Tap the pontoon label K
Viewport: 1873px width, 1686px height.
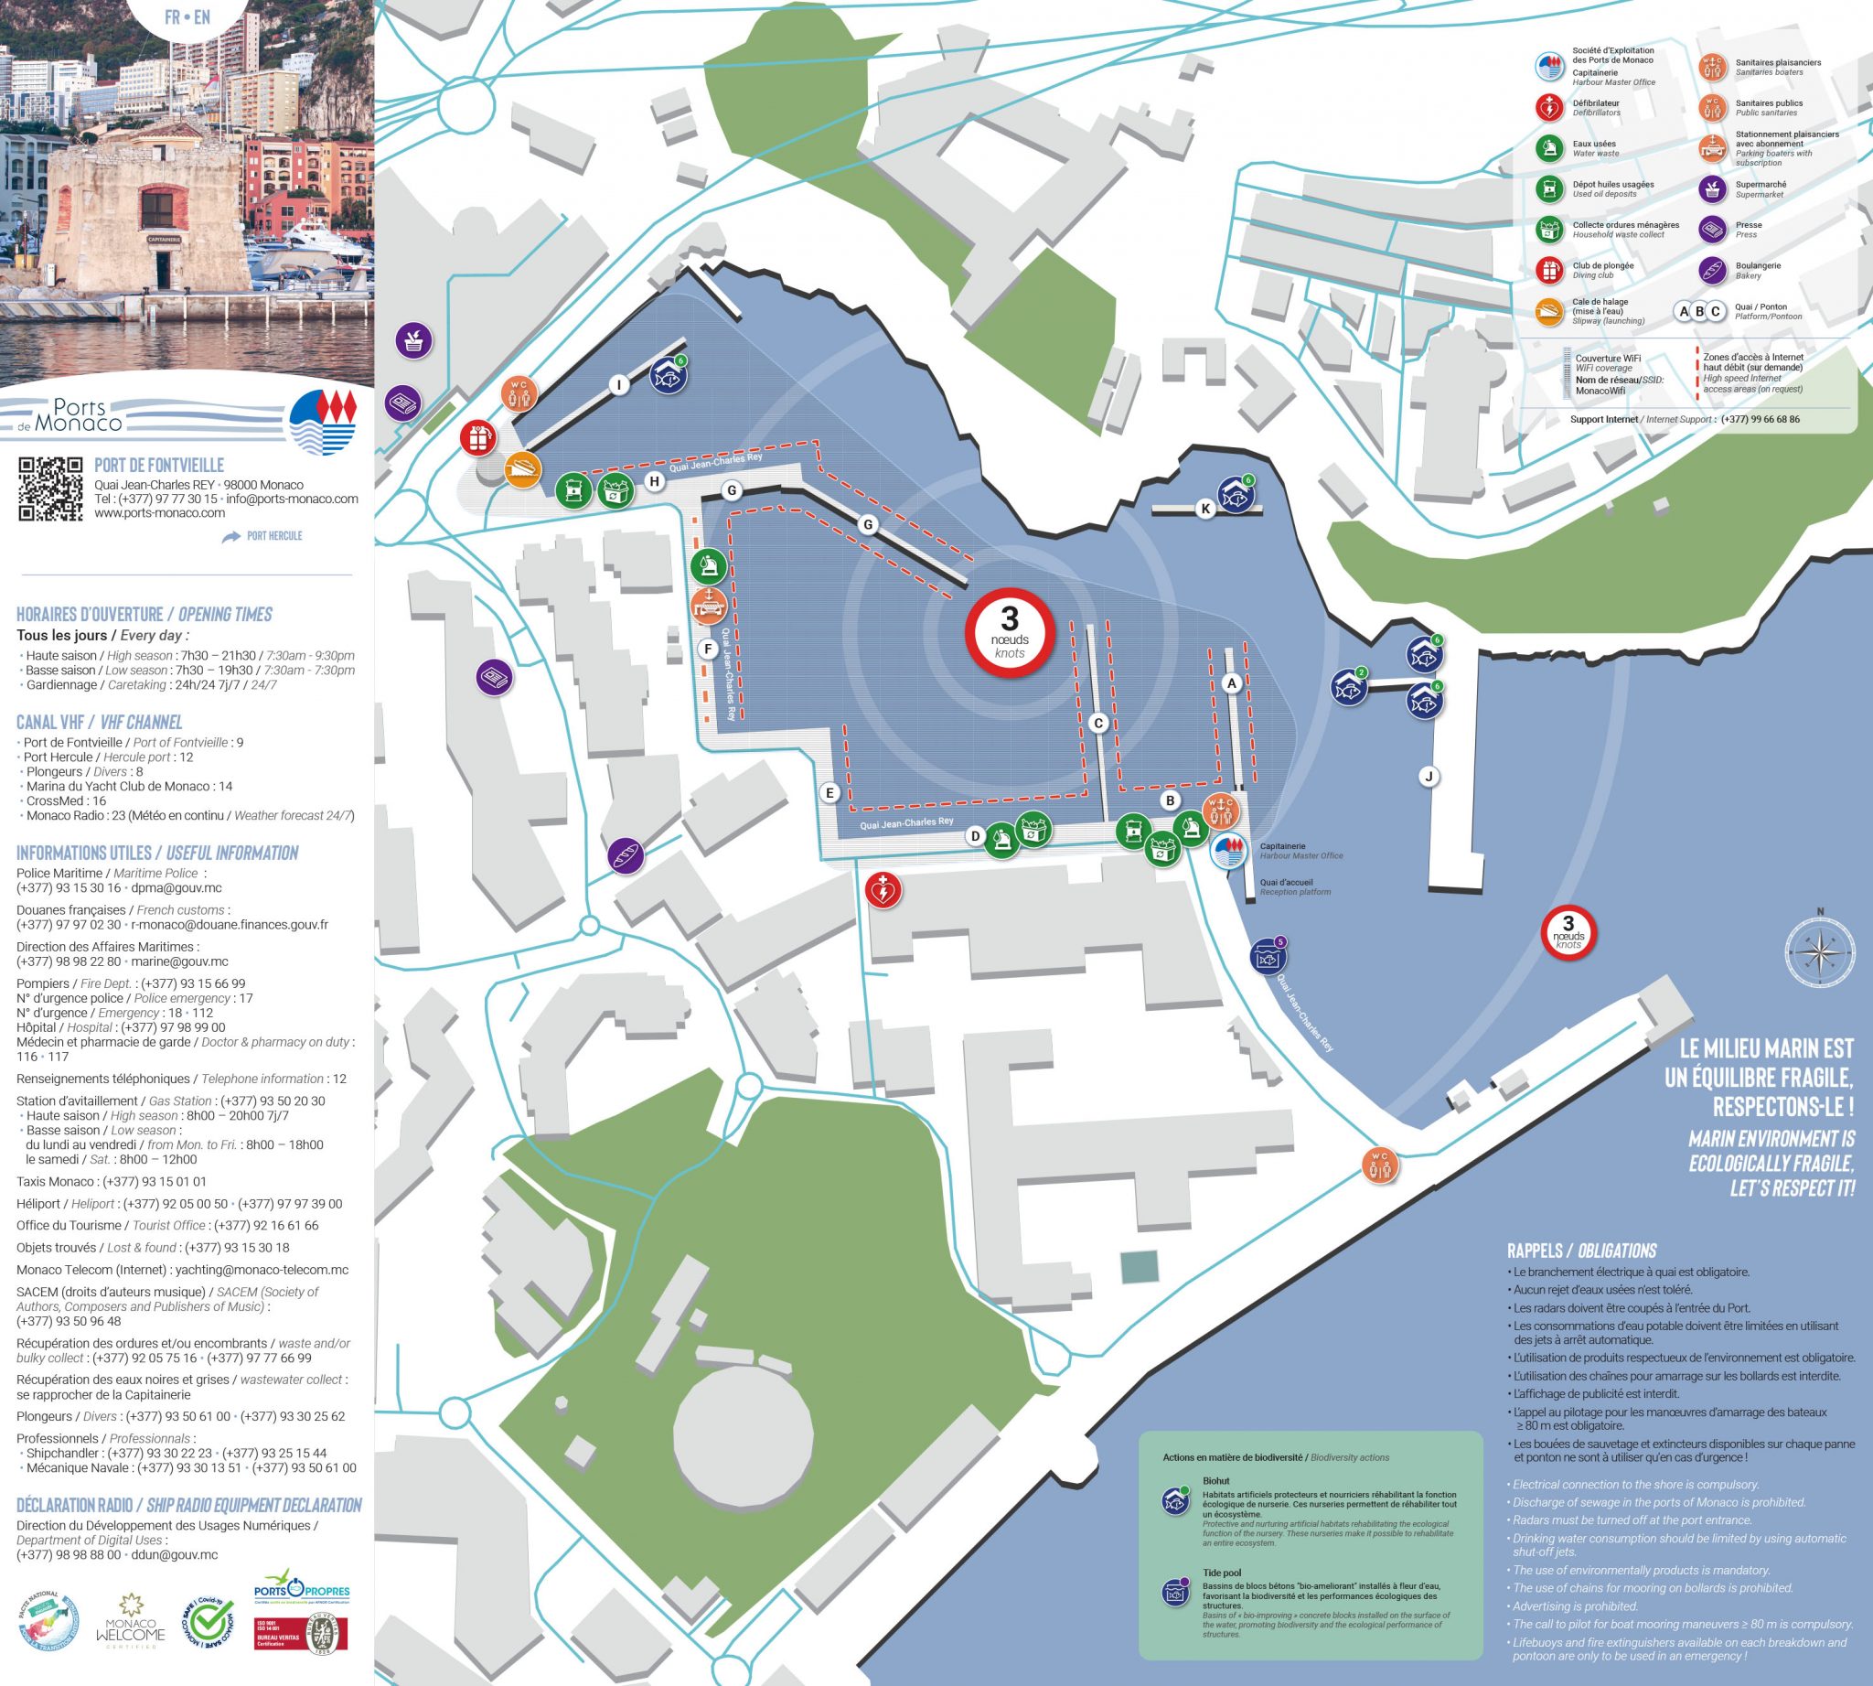[x=1205, y=509]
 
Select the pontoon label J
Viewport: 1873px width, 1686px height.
[x=1429, y=777]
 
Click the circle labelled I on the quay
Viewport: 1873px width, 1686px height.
[x=619, y=385]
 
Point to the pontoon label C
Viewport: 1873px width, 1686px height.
[x=1098, y=724]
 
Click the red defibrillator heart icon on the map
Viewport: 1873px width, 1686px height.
[x=883, y=891]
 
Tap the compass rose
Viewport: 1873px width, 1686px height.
[x=1819, y=951]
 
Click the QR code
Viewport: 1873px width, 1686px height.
[x=51, y=489]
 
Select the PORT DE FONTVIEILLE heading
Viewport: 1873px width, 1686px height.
[x=159, y=465]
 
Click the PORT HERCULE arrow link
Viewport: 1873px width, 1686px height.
[x=263, y=536]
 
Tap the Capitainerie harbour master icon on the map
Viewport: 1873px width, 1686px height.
[x=1228, y=852]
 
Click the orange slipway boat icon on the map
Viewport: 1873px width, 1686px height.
[x=522, y=468]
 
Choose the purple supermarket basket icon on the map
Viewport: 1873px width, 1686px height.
[x=414, y=340]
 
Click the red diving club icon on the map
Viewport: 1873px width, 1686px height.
[x=479, y=437]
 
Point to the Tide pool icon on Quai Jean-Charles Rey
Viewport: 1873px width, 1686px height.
[x=1268, y=956]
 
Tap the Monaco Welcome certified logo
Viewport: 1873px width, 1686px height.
[x=136, y=1622]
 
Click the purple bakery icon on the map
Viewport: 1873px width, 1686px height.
[x=626, y=854]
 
